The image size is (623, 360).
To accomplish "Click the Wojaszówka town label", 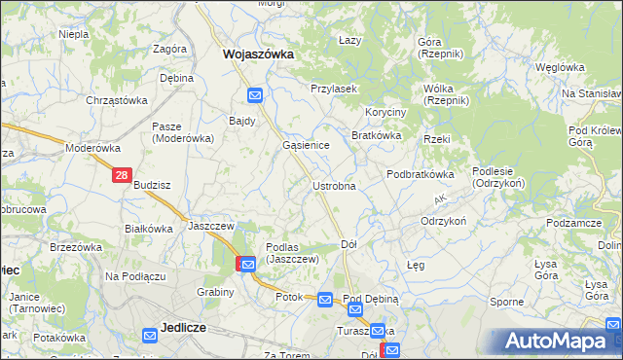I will click(x=258, y=54).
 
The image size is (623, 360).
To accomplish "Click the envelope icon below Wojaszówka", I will click(x=255, y=94).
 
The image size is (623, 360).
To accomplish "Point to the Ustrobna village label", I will click(x=333, y=185).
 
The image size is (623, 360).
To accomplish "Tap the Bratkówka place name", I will click(x=377, y=135).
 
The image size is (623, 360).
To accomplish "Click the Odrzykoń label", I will click(x=443, y=221).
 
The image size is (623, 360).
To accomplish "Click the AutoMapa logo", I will click(x=556, y=341).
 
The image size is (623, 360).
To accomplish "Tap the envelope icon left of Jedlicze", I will click(x=150, y=336).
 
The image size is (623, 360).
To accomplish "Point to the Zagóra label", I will click(x=169, y=49).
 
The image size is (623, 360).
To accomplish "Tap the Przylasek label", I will click(x=334, y=89).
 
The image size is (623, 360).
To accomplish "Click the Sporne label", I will click(x=506, y=302).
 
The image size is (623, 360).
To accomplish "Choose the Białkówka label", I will click(x=149, y=229).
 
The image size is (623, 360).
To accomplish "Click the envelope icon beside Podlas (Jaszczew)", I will click(x=248, y=264).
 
